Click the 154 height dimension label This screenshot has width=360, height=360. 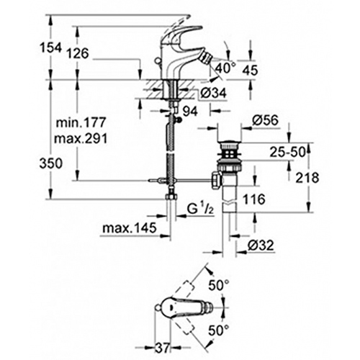click(50, 48)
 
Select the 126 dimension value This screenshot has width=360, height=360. click(78, 53)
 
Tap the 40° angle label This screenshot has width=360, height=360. click(225, 68)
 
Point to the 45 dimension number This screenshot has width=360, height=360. click(250, 70)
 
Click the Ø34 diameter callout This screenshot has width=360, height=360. click(213, 92)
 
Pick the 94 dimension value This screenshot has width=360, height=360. click(190, 112)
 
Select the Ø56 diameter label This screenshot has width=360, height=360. click(265, 120)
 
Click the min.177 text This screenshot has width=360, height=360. click(81, 122)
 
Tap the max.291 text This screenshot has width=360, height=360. click(81, 138)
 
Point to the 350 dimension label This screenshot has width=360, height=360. click(51, 163)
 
